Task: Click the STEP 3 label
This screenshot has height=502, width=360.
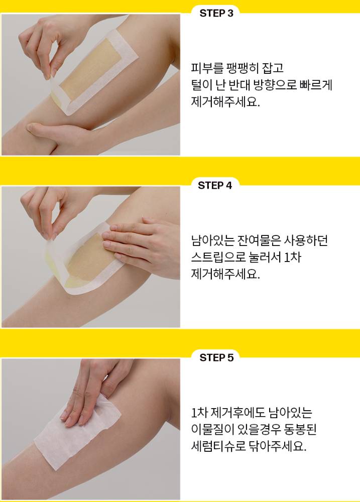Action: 216,13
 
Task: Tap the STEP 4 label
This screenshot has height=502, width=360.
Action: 214,185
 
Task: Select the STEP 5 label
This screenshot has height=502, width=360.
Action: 216,357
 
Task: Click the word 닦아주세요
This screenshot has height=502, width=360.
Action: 277,446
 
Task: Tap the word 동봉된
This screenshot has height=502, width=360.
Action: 300,429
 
